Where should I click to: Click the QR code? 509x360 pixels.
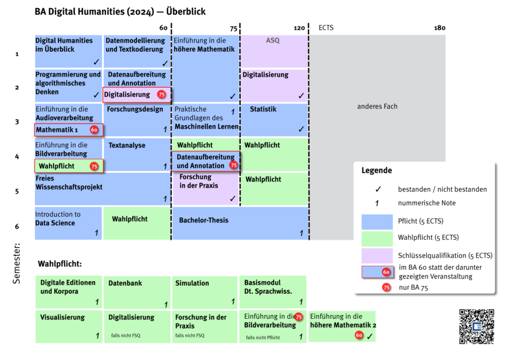click(476, 326)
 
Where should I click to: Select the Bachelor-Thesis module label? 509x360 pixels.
click(204, 220)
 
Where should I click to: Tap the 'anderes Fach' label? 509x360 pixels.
click(377, 106)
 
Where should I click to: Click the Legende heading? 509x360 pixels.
click(377, 171)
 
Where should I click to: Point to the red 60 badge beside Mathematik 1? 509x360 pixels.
click(94, 130)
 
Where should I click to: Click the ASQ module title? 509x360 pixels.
click(273, 40)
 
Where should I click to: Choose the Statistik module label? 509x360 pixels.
click(263, 109)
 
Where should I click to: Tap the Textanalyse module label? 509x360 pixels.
click(127, 145)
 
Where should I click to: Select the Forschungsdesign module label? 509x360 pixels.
click(135, 109)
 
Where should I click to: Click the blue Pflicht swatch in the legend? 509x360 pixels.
click(377, 222)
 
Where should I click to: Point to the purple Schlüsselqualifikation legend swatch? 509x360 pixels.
click(377, 255)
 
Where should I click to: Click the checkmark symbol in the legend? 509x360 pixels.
click(378, 189)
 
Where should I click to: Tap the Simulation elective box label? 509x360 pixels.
click(192, 283)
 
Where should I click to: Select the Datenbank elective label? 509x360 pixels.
click(125, 283)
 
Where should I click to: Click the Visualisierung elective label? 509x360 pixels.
click(63, 317)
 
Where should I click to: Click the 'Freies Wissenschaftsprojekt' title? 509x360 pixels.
click(69, 183)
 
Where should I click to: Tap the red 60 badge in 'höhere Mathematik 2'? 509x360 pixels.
click(359, 335)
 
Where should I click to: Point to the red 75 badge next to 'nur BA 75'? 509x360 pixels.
click(386, 287)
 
